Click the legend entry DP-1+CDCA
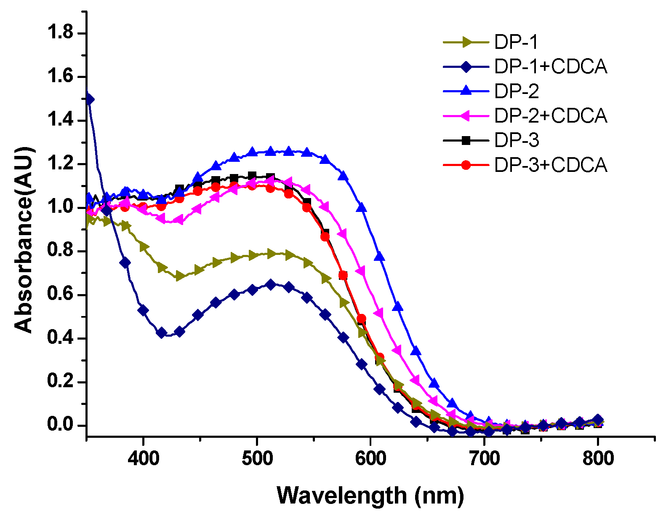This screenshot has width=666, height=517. [x=551, y=67]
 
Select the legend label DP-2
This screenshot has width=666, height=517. [x=517, y=91]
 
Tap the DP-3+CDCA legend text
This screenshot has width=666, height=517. [x=551, y=165]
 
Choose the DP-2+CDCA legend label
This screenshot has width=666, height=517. [x=551, y=115]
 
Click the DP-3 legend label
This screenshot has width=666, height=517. [x=517, y=140]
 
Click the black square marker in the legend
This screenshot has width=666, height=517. [x=466, y=140]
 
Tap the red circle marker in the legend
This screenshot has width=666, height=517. [x=466, y=165]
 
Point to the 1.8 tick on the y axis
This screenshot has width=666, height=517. [x=61, y=33]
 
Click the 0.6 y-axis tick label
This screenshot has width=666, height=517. [x=61, y=295]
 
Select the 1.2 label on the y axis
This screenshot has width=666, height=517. [x=61, y=164]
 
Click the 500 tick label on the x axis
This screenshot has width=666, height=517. [x=257, y=458]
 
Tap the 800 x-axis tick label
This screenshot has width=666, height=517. [x=598, y=458]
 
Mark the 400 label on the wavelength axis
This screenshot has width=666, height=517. [x=144, y=458]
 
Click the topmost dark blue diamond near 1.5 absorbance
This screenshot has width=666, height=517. [x=89, y=100]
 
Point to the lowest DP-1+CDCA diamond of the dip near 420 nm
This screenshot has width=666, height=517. [x=161, y=332]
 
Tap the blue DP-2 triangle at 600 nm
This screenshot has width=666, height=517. [x=361, y=207]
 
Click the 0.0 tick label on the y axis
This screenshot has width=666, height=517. [x=61, y=425]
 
